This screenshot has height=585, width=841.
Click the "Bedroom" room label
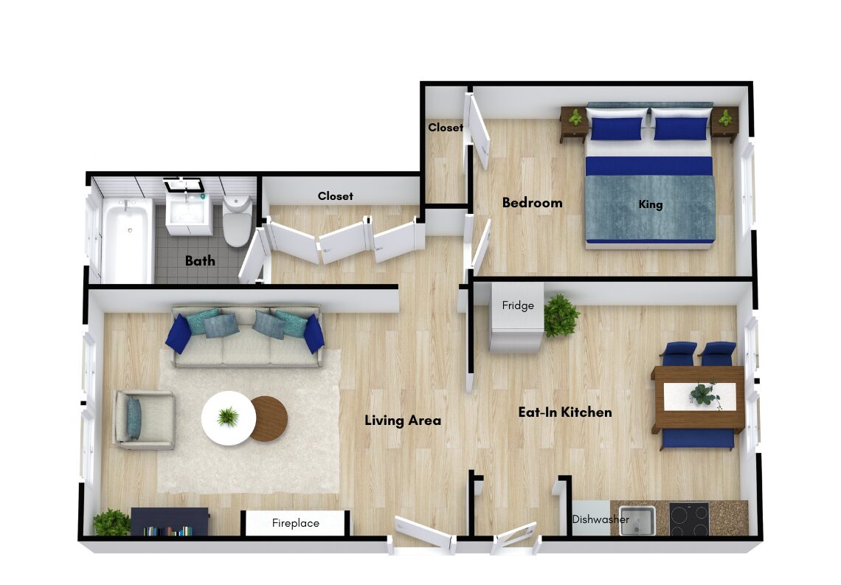pyautogui.click(x=532, y=203)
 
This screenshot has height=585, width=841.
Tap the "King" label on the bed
pyautogui.click(x=651, y=204)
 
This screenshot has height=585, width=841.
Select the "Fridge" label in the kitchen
pyautogui.click(x=518, y=305)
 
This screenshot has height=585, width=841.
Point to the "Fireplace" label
pyautogui.click(x=296, y=523)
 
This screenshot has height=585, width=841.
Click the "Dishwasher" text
pyautogui.click(x=601, y=519)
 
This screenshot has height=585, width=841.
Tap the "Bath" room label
pyautogui.click(x=200, y=260)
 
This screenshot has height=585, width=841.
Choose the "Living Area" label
pyautogui.click(x=403, y=420)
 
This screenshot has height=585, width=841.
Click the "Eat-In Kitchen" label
pyautogui.click(x=565, y=412)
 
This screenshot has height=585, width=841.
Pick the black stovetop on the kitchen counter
pyautogui.click(x=689, y=519)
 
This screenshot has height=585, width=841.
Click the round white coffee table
pyautogui.click(x=229, y=418)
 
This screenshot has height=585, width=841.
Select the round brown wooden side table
pyautogui.click(x=270, y=419)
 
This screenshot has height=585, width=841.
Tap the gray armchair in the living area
pyautogui.click(x=144, y=420)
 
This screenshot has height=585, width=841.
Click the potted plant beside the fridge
pyautogui.click(x=561, y=315)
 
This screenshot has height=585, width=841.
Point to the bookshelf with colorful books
pyautogui.click(x=170, y=522)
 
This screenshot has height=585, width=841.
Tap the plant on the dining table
pyautogui.click(x=705, y=394)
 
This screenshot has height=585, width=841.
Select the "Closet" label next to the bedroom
pyautogui.click(x=445, y=128)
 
